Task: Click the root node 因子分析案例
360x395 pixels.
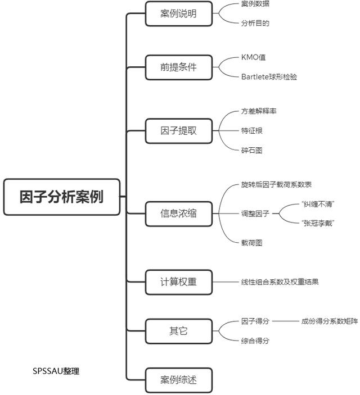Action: (62, 197)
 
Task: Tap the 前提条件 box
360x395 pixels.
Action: (178, 68)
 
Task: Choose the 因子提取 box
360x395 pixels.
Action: (178, 131)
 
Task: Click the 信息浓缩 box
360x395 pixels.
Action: (178, 214)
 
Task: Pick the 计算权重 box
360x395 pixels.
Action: (178, 282)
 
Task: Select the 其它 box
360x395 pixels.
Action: (178, 331)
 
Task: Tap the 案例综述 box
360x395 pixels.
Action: (178, 380)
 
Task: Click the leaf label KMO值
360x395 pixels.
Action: (254, 58)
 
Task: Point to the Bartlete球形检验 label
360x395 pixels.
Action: (269, 77)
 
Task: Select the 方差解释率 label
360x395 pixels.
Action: (259, 111)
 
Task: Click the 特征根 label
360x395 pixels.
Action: (252, 131)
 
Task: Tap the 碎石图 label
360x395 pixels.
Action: (252, 151)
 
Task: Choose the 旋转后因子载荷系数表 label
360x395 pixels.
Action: (276, 185)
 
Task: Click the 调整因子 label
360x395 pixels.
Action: (255, 214)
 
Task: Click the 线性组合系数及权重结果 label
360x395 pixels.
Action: (280, 282)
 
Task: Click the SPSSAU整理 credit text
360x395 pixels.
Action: (56, 371)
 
